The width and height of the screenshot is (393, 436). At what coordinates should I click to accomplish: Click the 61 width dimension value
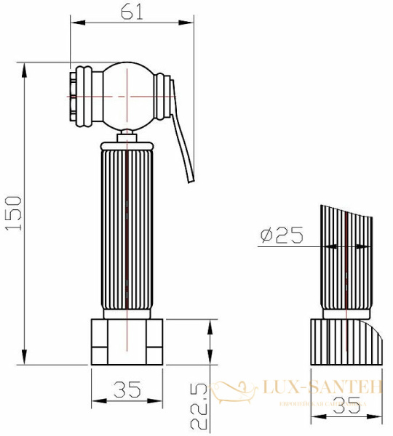pos(132,12)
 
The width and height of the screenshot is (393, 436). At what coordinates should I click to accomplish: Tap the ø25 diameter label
pos(280,235)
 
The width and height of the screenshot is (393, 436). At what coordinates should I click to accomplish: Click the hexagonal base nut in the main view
pos(127,341)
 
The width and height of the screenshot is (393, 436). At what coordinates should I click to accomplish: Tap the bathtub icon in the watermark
pos(234,390)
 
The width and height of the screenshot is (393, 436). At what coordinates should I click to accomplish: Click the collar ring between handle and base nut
pos(128,314)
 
